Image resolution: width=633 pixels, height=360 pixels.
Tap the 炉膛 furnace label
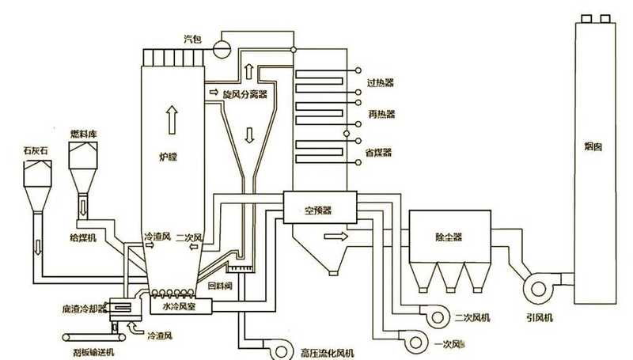[x=168, y=158]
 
